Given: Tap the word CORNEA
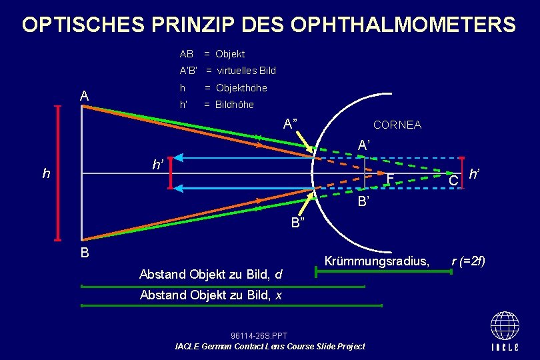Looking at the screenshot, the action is point(397,125).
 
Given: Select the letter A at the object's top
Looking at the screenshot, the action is point(84,97).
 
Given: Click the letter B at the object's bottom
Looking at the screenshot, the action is point(84,253).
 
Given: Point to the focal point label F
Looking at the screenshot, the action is point(391,179).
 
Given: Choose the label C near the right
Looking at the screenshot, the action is point(453,181).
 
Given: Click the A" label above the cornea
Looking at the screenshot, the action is point(290,123).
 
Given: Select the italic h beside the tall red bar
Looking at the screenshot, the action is point(46,174).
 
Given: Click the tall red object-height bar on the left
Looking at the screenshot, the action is point(58,173).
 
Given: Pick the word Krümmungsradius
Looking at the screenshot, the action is point(377,261).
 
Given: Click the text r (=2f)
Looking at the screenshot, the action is point(469,261).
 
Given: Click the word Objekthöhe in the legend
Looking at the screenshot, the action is point(241,88).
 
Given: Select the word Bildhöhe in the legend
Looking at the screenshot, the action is point(234,105).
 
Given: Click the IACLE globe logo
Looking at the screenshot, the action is point(505,330).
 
